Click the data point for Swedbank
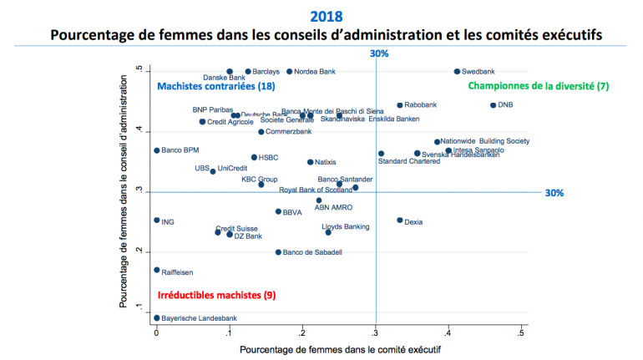[x=457, y=72]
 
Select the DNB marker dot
[x=493, y=105]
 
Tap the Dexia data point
[x=399, y=221]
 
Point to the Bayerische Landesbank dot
[x=156, y=318]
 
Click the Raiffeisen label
[x=177, y=271]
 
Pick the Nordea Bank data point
[x=290, y=72]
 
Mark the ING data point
[x=156, y=221]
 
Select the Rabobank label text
[x=420, y=105]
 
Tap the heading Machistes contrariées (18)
[x=215, y=86]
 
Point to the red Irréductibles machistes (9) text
[x=215, y=295]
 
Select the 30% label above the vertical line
[x=379, y=54]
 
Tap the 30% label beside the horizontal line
[x=554, y=193]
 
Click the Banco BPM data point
[x=156, y=150]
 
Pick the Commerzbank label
[x=289, y=132]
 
